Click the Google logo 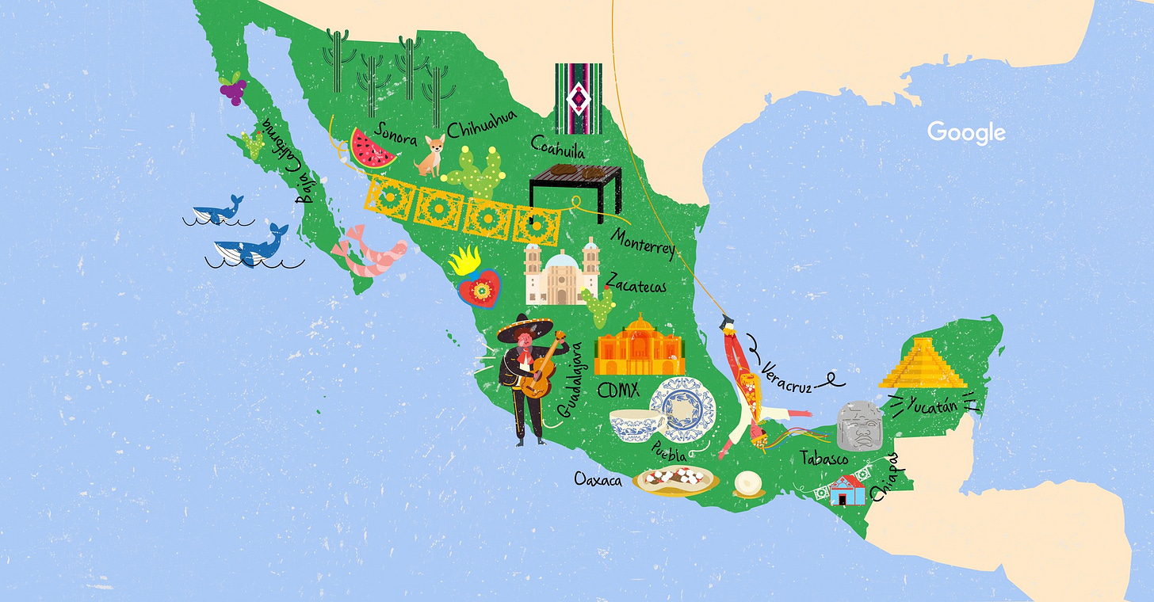point(966,132)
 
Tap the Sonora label point(396,135)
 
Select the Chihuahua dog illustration point(430,155)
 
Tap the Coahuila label point(558,147)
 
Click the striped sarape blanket point(578,98)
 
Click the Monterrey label point(644,242)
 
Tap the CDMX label point(619,391)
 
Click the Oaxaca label point(598,480)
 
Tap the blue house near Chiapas point(847,490)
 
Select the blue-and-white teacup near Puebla point(636,425)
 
